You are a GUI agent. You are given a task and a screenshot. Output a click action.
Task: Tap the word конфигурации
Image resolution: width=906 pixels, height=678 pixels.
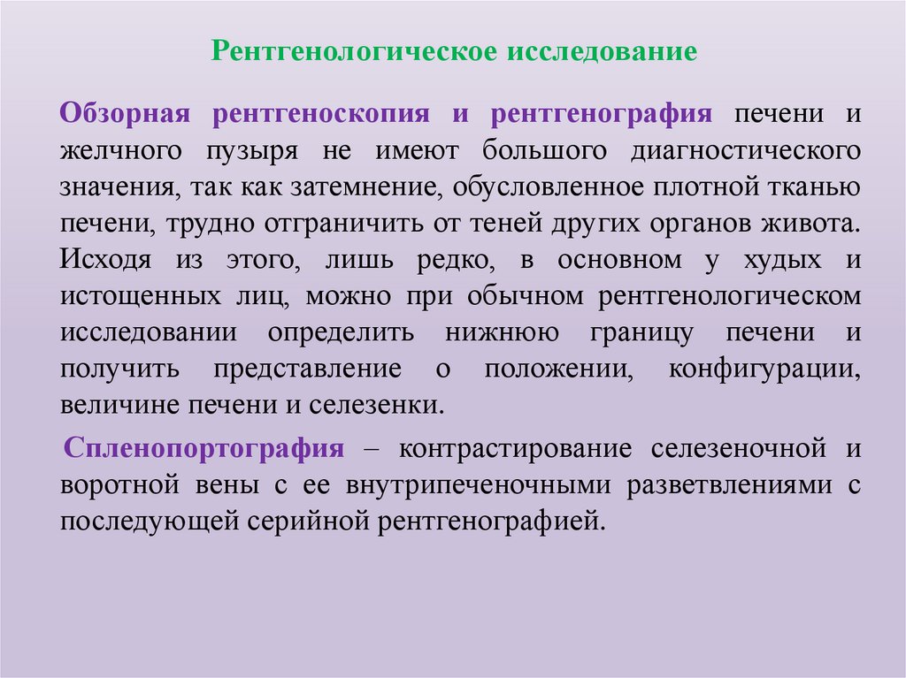764,369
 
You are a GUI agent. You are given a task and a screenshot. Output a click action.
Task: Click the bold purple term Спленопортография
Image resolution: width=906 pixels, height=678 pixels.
203,448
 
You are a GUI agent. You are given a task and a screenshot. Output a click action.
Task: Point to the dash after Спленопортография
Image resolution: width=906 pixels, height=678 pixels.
370,449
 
